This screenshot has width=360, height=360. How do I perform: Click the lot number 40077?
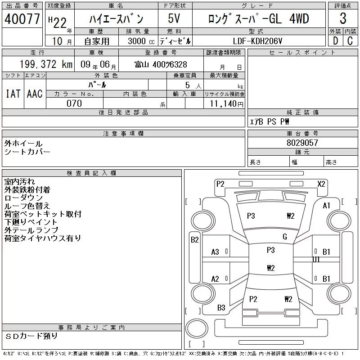pos(22,18)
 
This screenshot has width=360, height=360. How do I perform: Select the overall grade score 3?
pos(343,18)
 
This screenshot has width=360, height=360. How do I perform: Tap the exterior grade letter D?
pos(335,41)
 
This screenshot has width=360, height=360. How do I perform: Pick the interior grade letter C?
pos(350,41)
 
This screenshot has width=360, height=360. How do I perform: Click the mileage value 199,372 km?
pos(46,64)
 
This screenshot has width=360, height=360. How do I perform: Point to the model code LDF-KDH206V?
pos(257,41)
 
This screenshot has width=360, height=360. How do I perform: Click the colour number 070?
pos(74,103)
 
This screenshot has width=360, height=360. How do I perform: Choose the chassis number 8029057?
pos(302,143)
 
